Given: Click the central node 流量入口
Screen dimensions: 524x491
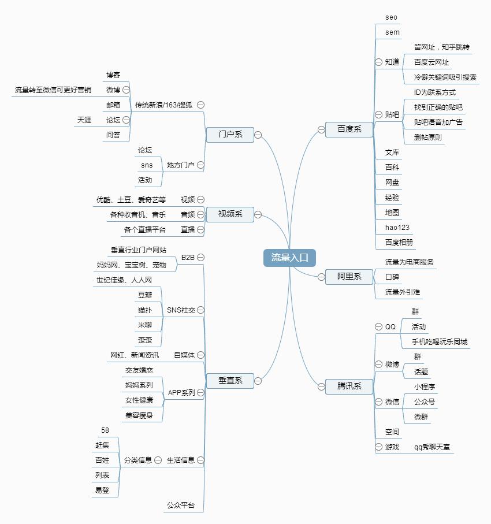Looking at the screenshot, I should click(289, 258).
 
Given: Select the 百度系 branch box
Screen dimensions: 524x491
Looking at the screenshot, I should click(349, 129).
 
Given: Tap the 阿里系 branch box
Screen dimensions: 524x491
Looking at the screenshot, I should click(349, 277).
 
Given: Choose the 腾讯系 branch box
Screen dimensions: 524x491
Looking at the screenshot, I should click(349, 386).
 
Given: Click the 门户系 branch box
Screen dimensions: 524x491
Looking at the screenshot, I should click(230, 135).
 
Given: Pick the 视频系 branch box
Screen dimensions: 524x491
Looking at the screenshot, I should click(230, 214).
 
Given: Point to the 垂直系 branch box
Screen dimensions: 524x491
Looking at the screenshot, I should click(230, 381).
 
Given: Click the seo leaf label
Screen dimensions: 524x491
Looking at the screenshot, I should click(391, 17).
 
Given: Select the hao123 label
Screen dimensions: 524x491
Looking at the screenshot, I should click(397, 227).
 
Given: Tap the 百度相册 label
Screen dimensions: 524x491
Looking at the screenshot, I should click(399, 242).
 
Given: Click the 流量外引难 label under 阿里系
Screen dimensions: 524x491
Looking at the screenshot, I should click(402, 292).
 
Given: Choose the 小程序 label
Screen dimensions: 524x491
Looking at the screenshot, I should click(424, 387).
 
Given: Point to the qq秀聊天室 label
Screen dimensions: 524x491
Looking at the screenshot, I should click(433, 447).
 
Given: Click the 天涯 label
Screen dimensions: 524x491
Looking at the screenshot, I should click(84, 120).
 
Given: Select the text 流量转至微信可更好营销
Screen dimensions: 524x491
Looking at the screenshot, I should click(53, 90).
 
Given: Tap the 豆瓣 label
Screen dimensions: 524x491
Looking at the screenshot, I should click(145, 295).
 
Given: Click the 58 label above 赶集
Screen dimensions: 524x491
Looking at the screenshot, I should click(105, 430).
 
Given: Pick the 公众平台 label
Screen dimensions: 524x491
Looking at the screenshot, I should click(181, 506).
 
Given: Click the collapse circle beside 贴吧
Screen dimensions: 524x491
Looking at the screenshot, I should click(378, 114).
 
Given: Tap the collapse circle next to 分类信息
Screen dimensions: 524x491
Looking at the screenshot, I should click(158, 460).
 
